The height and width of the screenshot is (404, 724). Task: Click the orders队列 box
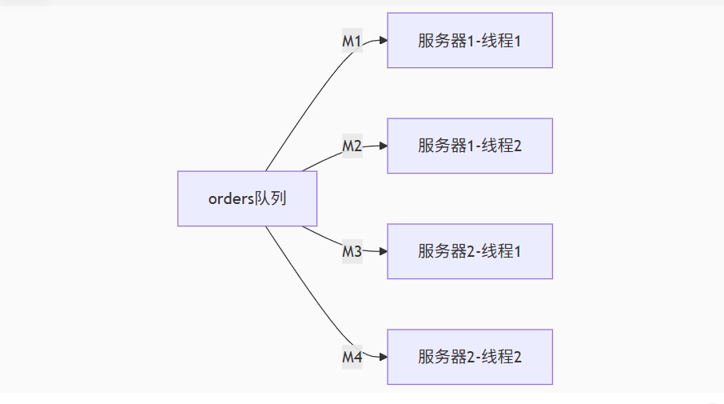tap(247, 198)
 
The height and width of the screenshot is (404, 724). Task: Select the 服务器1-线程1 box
tap(469, 40)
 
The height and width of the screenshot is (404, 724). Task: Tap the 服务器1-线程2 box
tap(469, 146)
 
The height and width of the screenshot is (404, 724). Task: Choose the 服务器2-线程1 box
tap(469, 251)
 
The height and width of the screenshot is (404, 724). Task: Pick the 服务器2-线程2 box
tap(469, 357)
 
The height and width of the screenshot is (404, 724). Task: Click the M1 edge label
tap(352, 41)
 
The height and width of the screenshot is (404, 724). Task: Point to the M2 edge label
tap(352, 146)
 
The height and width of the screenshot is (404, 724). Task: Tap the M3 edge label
tap(352, 252)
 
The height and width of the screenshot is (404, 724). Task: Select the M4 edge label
tap(352, 358)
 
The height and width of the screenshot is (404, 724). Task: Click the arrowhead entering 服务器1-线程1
tap(383, 40)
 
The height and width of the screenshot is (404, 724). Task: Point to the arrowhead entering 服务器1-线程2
tap(383, 146)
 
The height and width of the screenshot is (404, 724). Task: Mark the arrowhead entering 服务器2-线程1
tap(383, 251)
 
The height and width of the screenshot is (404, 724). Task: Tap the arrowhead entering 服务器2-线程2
tap(383, 357)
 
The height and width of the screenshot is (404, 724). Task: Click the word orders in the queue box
tap(230, 199)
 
